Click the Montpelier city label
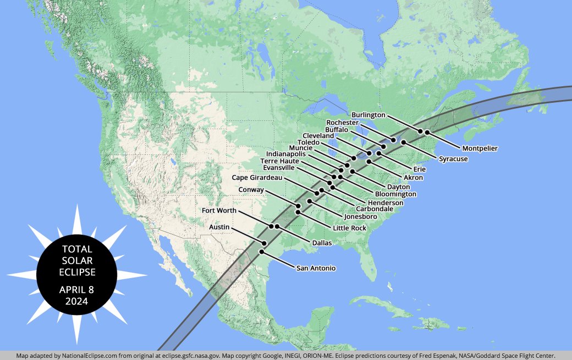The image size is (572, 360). point(480,148)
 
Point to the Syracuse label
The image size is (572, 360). point(453,159)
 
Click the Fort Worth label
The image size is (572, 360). point(219,211)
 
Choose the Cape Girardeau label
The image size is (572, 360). point(257,178)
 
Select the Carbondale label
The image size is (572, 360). point(374,209)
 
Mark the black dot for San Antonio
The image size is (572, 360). point(262,252)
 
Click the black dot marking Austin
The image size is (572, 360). point(265,243)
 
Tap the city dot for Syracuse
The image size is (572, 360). point(403,142)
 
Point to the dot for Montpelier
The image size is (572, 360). point(427,132)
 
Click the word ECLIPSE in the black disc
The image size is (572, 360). point(77,272)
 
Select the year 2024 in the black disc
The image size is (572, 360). point(77,301)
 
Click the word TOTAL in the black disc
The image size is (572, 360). point(77,249)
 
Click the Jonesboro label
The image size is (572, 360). point(360,217)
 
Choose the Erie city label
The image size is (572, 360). point(419,169)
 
